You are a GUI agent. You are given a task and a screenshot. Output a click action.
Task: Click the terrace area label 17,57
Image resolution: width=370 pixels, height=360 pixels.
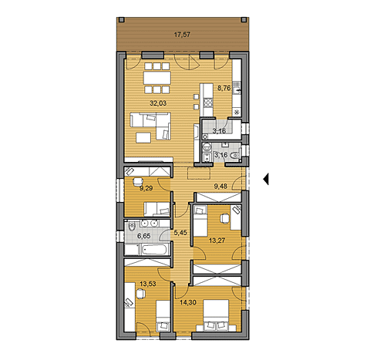pos(182,35)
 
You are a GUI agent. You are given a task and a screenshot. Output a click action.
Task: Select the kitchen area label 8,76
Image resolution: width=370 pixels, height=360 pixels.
pos(224,87)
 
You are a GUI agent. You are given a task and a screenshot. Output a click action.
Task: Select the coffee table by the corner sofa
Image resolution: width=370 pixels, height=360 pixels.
pos(144,137)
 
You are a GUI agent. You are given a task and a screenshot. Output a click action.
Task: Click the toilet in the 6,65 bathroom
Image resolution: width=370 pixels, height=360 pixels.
pos(132,227)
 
